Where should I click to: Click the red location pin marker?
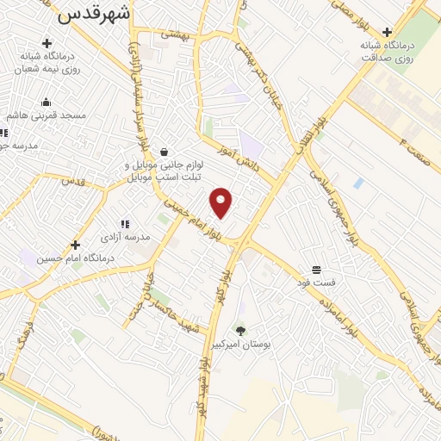(222, 202)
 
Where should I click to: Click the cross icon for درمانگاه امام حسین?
(76, 245)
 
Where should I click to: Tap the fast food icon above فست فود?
(317, 270)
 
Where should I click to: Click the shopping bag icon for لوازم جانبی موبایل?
(164, 152)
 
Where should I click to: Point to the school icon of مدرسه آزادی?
(126, 224)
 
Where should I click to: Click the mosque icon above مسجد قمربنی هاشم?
(46, 102)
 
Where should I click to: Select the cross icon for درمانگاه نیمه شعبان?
(46, 42)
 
